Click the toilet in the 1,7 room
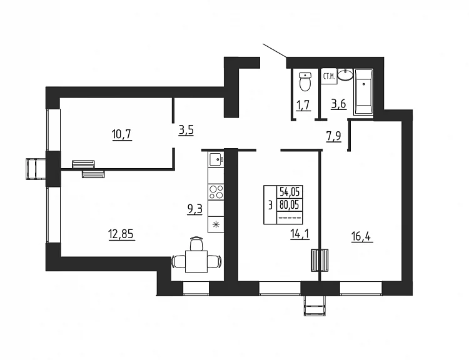point(305,81)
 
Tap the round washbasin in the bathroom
point(346,75)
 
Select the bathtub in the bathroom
point(363,92)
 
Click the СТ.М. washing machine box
point(329,76)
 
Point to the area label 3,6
point(338,104)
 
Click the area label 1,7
point(303,105)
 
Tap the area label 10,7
point(122,134)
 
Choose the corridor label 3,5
point(186,131)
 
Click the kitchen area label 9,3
point(194,209)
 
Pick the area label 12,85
point(121,234)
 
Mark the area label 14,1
point(300,234)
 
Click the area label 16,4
point(362,237)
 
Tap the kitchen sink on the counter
point(216,159)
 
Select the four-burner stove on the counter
point(216,192)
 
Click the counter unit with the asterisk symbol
point(216,224)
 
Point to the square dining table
point(196,262)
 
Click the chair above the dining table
point(196,243)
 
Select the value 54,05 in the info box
point(290,191)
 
